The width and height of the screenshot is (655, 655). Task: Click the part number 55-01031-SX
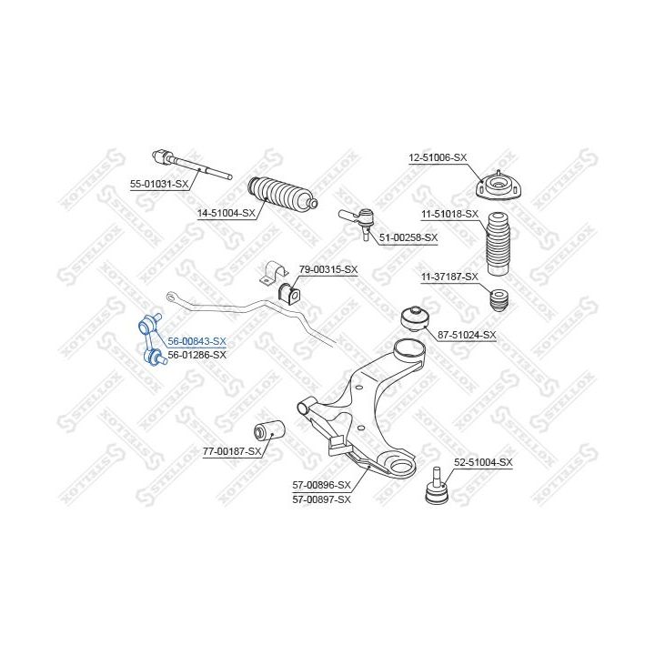point(159,184)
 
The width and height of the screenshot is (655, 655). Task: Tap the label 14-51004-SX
point(226,213)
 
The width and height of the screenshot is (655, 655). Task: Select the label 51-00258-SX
point(408,237)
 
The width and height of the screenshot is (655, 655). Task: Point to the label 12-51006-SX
point(438,158)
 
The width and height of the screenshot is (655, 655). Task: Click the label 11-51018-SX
point(449,215)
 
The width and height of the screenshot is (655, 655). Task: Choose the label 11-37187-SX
point(449,277)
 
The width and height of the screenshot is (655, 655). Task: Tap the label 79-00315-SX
point(328,270)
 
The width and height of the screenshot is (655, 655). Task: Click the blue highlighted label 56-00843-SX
point(196,341)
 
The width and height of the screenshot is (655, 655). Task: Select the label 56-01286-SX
point(196,355)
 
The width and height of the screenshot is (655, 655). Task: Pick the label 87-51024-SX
point(467,335)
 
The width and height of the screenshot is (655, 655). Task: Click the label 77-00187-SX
point(232,451)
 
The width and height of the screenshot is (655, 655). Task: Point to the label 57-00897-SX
point(322,499)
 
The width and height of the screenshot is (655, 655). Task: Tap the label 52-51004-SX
point(483,462)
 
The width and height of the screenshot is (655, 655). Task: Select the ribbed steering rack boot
point(282,195)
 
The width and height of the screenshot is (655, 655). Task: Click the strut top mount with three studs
point(499,186)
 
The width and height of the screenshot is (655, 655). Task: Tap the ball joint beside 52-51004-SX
point(437,487)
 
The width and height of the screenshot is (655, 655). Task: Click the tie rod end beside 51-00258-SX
point(358,220)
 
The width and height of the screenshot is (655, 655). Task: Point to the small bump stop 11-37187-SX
point(499,301)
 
